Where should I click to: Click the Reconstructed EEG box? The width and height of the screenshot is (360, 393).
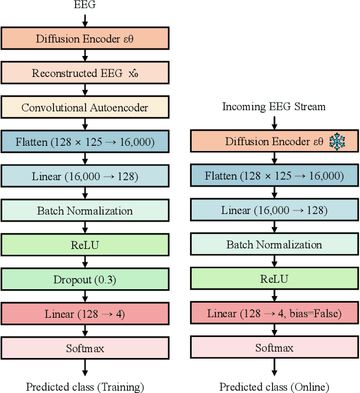(x=84, y=73)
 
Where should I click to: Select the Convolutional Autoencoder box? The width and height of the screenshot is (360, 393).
(x=84, y=108)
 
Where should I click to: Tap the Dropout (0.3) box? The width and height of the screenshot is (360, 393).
(x=84, y=280)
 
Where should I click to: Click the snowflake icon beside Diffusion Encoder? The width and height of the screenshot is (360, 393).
(x=337, y=141)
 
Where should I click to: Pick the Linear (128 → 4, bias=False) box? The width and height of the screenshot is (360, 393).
(x=273, y=314)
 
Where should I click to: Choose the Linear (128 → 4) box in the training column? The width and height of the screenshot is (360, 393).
(x=84, y=314)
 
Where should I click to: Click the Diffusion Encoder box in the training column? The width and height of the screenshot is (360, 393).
(x=84, y=39)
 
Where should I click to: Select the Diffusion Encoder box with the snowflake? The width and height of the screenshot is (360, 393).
(x=273, y=142)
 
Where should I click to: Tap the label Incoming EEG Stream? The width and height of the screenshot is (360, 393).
(x=273, y=107)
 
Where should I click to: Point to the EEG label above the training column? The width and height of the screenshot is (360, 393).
(x=85, y=6)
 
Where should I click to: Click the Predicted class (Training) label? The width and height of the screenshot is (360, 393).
(x=85, y=387)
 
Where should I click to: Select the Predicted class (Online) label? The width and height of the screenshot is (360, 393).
(x=274, y=387)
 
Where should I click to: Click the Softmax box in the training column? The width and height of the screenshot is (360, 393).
(x=84, y=349)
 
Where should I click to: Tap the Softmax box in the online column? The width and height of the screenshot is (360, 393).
(x=273, y=349)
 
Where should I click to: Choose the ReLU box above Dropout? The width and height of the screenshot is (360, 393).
(x=84, y=245)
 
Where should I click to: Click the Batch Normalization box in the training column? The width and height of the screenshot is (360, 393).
(x=84, y=211)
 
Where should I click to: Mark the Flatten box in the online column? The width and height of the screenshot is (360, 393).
(x=273, y=176)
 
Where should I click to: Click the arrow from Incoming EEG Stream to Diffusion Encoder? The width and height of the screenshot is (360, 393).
(x=273, y=122)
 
